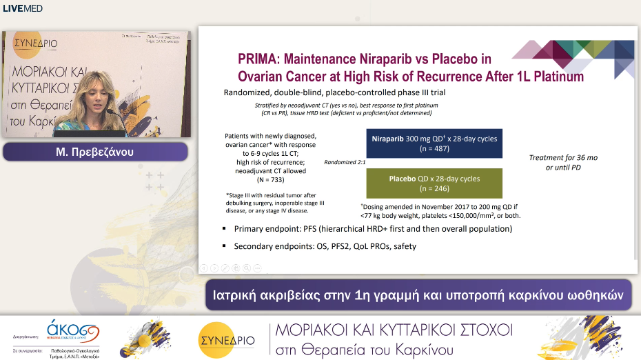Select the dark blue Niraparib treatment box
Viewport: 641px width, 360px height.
[x=434, y=143]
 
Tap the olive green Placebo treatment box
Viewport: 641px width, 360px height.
[x=434, y=183]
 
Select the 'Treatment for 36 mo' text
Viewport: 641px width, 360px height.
[x=563, y=158]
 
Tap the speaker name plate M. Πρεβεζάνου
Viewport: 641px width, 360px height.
[x=96, y=152]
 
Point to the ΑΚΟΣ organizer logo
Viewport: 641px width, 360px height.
[x=72, y=330]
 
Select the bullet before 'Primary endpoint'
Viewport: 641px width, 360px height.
[x=225, y=229]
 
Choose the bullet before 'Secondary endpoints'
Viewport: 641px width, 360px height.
[x=225, y=246]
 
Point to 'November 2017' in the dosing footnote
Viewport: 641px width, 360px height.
[x=459, y=206]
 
